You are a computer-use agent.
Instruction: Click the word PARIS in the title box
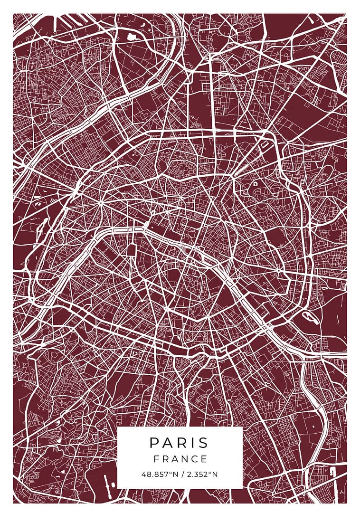(x=179, y=443)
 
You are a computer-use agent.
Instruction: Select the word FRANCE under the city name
(x=180, y=459)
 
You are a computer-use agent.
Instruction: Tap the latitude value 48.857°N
(x=159, y=474)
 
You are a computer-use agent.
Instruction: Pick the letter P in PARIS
(x=154, y=443)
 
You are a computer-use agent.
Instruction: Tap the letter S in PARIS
(x=203, y=443)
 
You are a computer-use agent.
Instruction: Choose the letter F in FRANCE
(x=156, y=459)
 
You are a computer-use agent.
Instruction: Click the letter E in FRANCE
(x=204, y=459)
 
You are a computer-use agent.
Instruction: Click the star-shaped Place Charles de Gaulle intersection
(x=101, y=202)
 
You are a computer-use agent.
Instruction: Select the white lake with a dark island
(x=307, y=316)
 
